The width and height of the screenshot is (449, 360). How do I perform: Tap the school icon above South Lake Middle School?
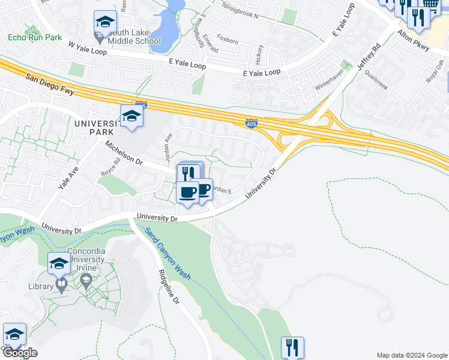click(x=104, y=23)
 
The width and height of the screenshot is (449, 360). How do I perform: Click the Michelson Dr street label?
click(x=123, y=154)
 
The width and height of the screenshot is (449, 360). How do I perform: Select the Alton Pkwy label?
click(x=414, y=41)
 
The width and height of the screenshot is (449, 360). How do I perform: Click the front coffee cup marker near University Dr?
click(x=188, y=192)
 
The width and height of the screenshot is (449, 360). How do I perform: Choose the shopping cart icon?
click(x=430, y=5)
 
